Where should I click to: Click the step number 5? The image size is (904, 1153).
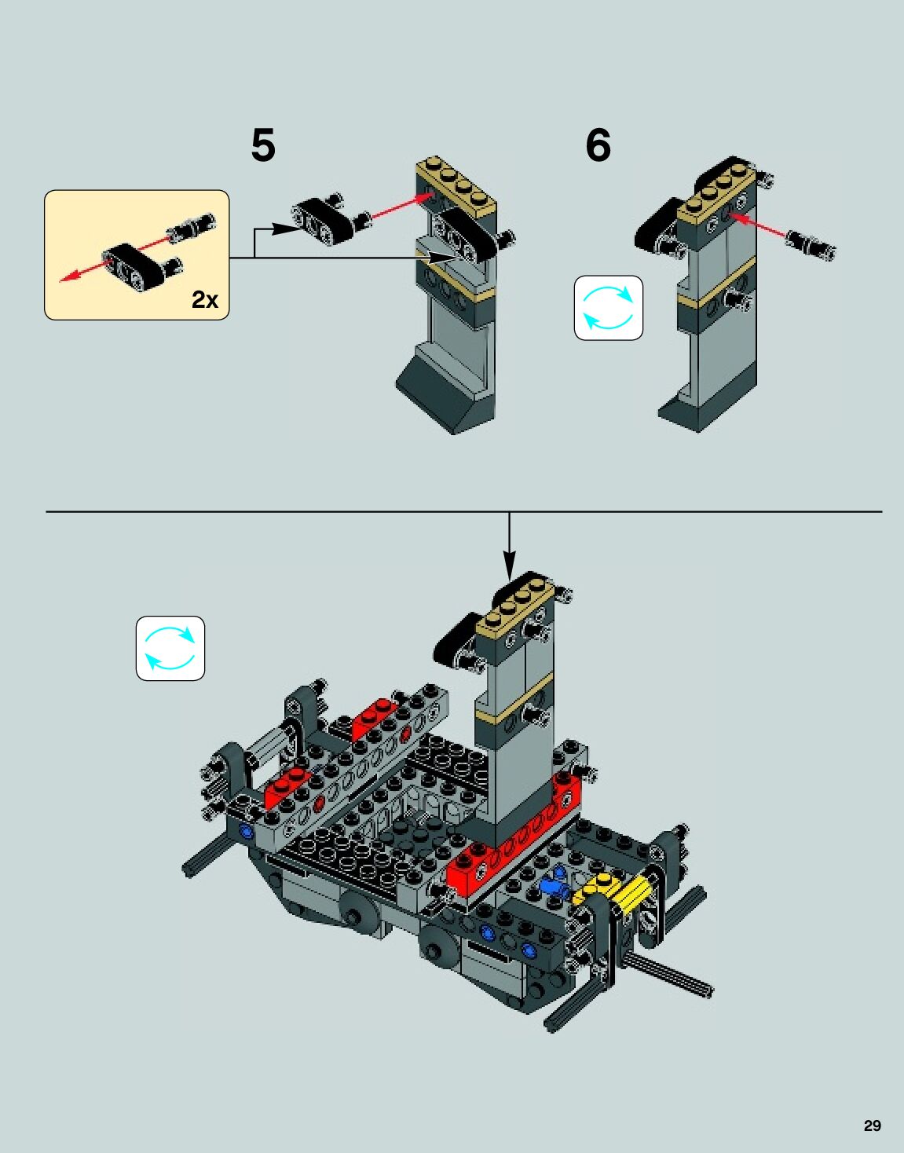click(x=263, y=145)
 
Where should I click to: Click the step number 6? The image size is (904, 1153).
click(x=598, y=145)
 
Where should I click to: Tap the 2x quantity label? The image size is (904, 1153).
click(x=205, y=300)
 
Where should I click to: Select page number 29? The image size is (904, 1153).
click(x=873, y=1126)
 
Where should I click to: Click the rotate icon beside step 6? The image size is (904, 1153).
click(x=608, y=308)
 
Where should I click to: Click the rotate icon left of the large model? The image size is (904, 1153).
click(x=170, y=648)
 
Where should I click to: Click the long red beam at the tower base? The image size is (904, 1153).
click(x=511, y=848)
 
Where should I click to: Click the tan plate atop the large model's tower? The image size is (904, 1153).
click(x=515, y=604)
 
